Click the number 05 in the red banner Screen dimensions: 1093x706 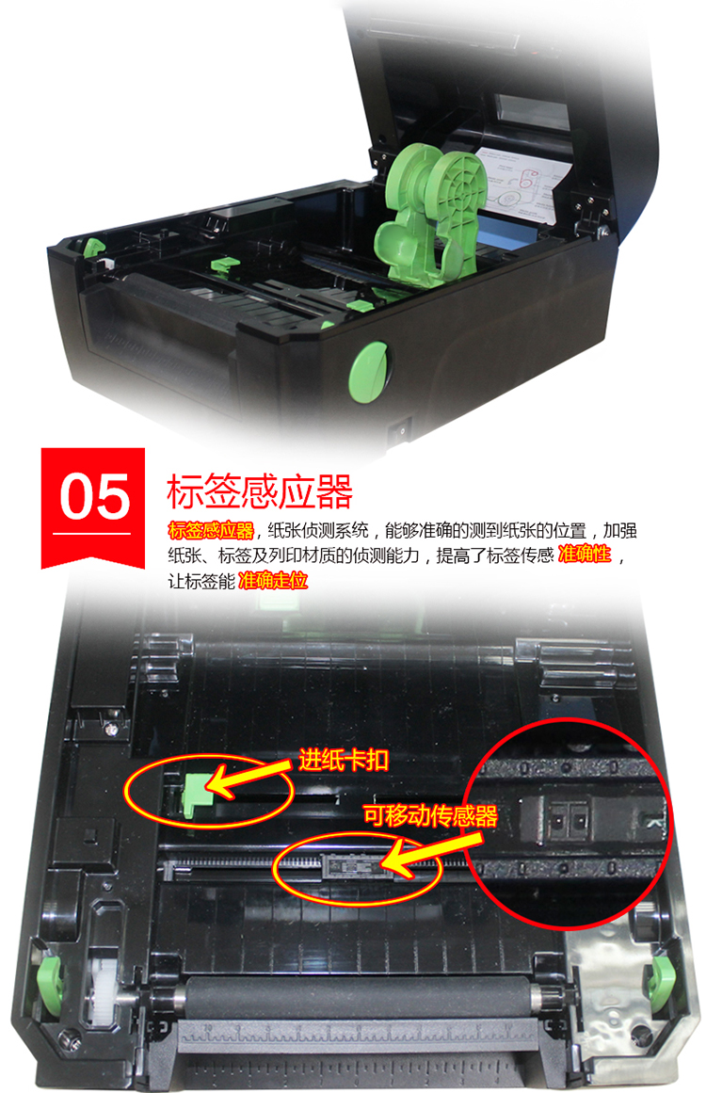click(94, 497)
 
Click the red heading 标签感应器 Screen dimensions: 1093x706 click(259, 491)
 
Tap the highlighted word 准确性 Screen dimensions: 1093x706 click(585, 555)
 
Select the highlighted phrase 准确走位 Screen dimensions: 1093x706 click(273, 581)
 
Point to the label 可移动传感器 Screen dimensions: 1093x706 click(430, 815)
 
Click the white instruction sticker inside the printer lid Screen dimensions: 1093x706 click(516, 185)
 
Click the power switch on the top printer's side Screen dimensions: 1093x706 click(400, 430)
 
